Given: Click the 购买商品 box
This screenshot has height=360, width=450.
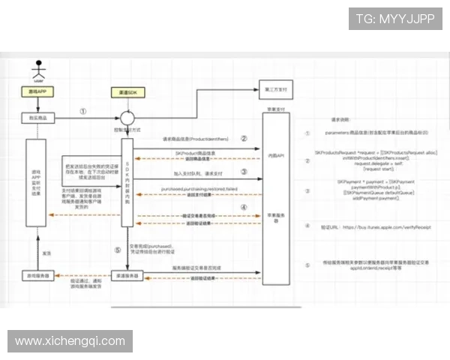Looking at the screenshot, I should click(38, 118).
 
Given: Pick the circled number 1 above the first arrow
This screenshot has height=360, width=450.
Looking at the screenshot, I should click(83, 111).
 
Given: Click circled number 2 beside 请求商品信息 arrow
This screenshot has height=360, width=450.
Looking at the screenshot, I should click(243, 139).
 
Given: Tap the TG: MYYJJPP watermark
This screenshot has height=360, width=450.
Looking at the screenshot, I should click(395, 19).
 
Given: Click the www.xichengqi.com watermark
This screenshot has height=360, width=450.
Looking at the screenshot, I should click(71, 341).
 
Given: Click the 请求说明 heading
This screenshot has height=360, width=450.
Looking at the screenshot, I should click(342, 119).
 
